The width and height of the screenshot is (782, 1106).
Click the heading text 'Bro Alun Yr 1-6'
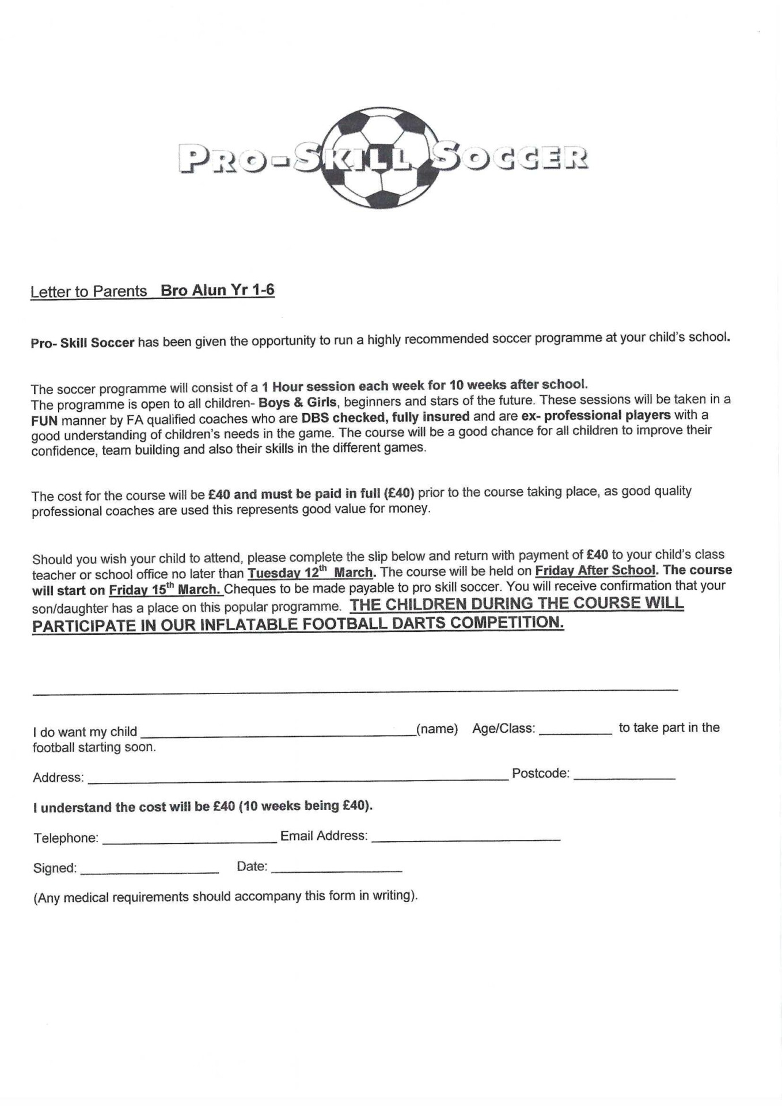[x=217, y=290]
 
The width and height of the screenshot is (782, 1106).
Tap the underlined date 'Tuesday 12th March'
[x=310, y=573]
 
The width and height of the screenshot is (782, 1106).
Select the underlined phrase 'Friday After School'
[x=595, y=570]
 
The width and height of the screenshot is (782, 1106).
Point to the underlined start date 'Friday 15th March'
[x=165, y=590]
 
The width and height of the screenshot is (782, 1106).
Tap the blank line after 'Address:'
[x=298, y=779]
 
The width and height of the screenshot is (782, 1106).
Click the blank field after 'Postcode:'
[x=624, y=777]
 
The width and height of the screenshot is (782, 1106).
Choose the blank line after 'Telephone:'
[x=189, y=840]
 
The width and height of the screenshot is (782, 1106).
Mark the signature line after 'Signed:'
[x=150, y=871]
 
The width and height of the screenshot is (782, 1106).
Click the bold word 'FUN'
[x=44, y=421]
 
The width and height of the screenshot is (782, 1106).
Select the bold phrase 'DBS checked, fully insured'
[x=385, y=417]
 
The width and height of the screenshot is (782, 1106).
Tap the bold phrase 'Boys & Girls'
[x=298, y=402]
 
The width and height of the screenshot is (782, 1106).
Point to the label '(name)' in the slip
[x=437, y=729]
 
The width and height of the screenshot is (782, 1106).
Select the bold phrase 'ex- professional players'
[x=595, y=415]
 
